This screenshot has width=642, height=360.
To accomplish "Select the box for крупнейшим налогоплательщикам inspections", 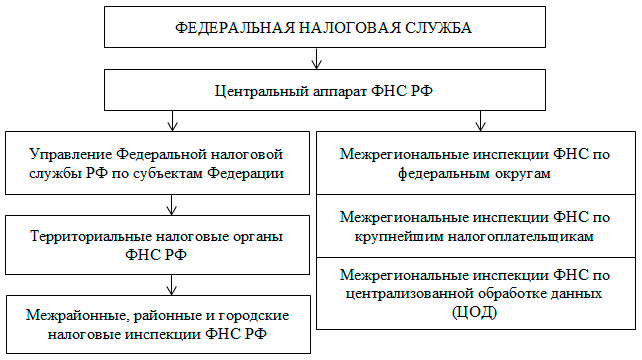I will pyautogui.click(x=474, y=226).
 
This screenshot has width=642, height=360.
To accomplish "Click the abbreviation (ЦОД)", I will pyautogui.click(x=474, y=313).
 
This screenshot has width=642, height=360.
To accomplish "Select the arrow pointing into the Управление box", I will pyautogui.click(x=175, y=121).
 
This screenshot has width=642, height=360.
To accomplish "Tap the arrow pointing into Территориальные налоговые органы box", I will pyautogui.click(x=175, y=207).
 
